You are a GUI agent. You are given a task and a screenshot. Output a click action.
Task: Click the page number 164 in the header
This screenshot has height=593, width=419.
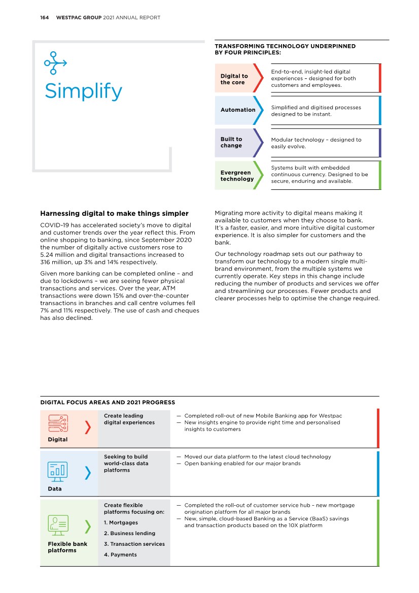click(44, 18)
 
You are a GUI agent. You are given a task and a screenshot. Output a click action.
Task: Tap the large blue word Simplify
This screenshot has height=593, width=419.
click(83, 91)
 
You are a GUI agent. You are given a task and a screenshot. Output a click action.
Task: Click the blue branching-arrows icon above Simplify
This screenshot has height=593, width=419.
click(55, 63)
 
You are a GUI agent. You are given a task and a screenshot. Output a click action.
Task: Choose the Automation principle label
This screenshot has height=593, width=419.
click(238, 110)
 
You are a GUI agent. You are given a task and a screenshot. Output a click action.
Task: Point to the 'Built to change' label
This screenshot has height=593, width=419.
click(231, 142)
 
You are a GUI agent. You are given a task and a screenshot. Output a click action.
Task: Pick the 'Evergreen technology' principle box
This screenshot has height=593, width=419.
click(237, 176)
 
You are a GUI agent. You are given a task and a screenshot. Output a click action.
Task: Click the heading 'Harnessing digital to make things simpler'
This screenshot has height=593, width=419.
click(114, 214)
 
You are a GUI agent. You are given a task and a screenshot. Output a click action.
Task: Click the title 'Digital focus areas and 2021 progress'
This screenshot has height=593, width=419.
click(108, 403)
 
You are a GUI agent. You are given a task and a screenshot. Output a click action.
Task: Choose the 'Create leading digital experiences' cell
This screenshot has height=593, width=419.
click(129, 419)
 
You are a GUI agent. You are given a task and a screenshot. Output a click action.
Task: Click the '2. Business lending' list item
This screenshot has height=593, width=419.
click(129, 533)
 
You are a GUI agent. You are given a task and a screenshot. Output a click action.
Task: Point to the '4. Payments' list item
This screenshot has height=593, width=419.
click(120, 554)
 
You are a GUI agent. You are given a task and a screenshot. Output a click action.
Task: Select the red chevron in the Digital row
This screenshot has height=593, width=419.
click(88, 428)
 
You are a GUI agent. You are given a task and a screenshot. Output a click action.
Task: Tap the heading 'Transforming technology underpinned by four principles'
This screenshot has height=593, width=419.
click(285, 49)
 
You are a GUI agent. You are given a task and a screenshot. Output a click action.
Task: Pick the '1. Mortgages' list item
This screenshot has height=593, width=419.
click(121, 522)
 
